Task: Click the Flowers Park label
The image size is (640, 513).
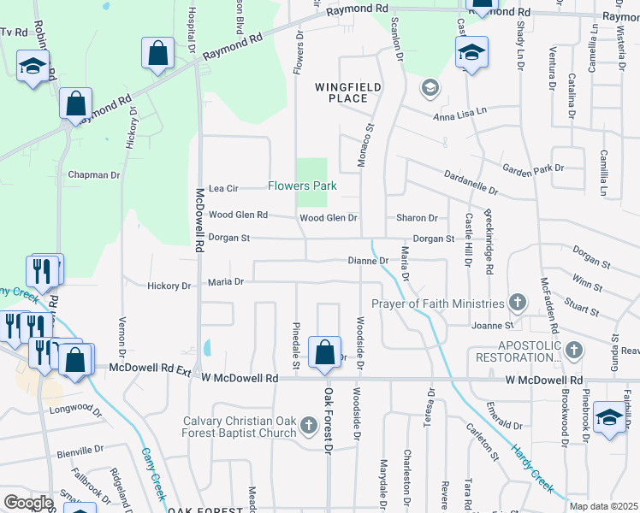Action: [x=302, y=186]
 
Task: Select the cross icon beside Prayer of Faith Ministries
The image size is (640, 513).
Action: [x=517, y=303]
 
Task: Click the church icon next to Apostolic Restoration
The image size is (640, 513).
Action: [x=573, y=350]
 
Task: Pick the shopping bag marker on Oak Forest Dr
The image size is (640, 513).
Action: [x=324, y=352]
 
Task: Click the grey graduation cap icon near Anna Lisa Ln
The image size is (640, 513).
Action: [x=430, y=87]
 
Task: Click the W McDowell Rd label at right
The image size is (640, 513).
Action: [x=543, y=380]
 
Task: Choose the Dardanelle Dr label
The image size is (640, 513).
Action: [x=471, y=180]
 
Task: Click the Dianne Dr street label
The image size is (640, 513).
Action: [x=369, y=260]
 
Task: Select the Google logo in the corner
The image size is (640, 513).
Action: [x=28, y=502]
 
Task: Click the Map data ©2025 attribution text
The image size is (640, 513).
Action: [x=602, y=506]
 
